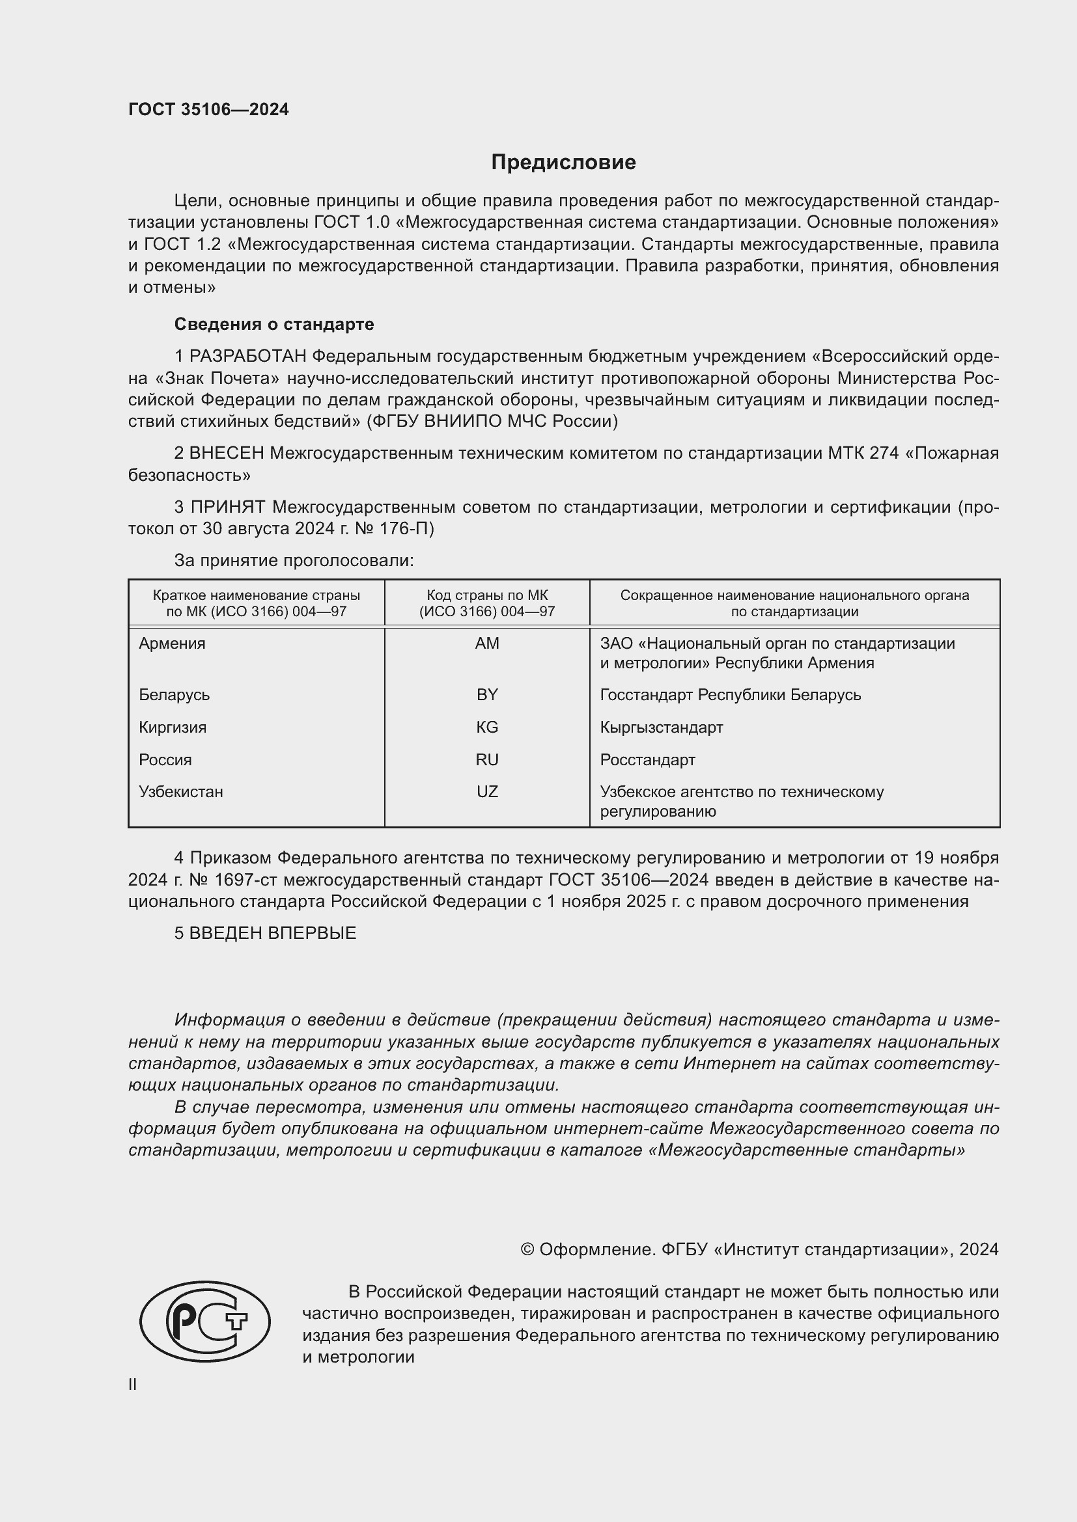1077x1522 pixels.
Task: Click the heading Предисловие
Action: pyautogui.click(x=563, y=163)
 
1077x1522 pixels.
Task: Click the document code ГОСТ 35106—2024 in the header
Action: pyautogui.click(x=208, y=109)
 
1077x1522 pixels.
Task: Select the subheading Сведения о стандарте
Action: pyautogui.click(x=274, y=324)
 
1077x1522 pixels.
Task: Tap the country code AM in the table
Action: pyautogui.click(x=487, y=643)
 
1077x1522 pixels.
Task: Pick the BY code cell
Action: pyautogui.click(x=487, y=695)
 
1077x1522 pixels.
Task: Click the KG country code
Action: pyautogui.click(x=487, y=727)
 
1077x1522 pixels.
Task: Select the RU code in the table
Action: pyautogui.click(x=487, y=759)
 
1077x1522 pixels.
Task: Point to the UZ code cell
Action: pyautogui.click(x=487, y=791)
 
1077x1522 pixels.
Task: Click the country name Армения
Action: pyautogui.click(x=172, y=643)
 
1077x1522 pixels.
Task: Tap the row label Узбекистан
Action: pyautogui.click(x=180, y=791)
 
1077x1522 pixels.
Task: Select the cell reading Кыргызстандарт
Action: pyautogui.click(x=661, y=727)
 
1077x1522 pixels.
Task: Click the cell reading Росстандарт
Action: pyautogui.click(x=647, y=759)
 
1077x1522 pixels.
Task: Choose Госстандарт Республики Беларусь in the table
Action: pyautogui.click(x=730, y=695)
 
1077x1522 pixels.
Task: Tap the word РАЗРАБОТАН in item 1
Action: pyautogui.click(x=248, y=357)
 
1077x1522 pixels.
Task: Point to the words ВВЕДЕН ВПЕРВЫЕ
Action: pyautogui.click(x=273, y=932)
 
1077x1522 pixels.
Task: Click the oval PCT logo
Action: pyautogui.click(x=205, y=1322)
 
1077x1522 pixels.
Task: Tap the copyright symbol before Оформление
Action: pyautogui.click(x=527, y=1249)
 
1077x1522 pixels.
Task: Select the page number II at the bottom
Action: pyautogui.click(x=133, y=1384)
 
